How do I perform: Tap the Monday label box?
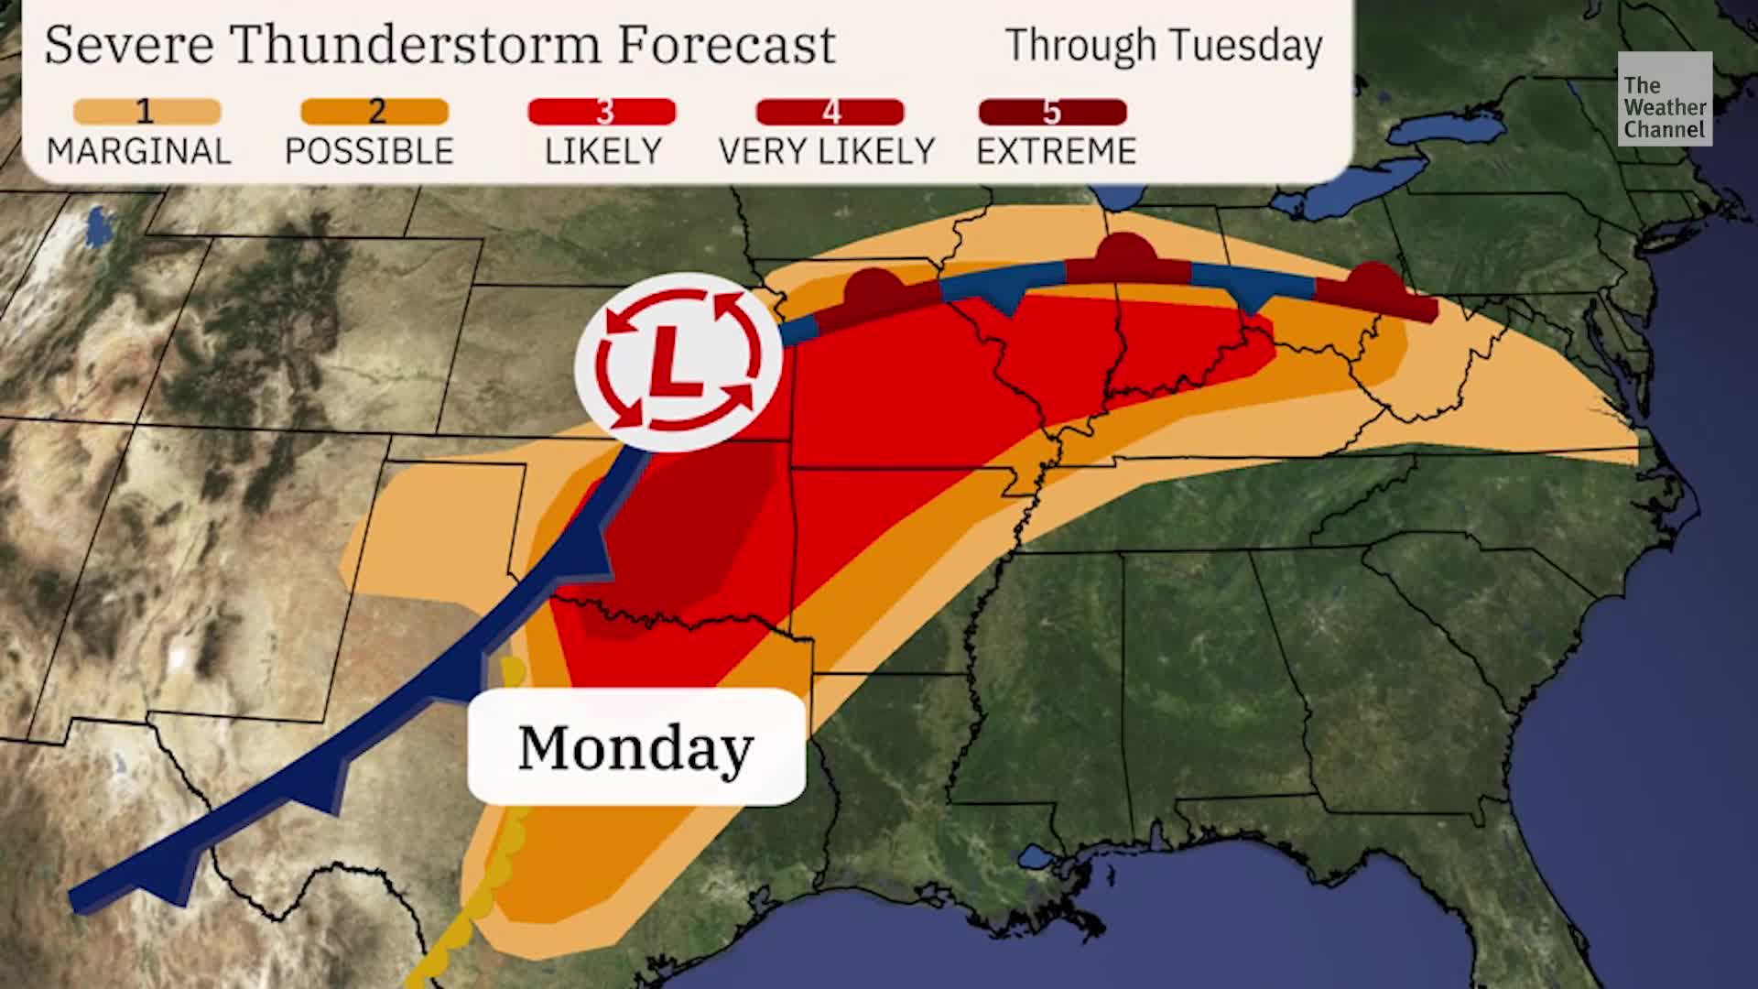point(636,747)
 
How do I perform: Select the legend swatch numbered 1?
point(146,112)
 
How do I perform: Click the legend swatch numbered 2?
point(374,112)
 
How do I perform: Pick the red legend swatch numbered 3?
point(602,112)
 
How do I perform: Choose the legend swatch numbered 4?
point(830,112)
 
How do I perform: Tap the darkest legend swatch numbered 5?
point(1052,112)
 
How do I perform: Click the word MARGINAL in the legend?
point(138,151)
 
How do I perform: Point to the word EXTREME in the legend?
point(1056,151)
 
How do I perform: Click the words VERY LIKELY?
point(826,151)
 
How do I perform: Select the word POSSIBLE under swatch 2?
point(369,151)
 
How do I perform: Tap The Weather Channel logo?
point(1664,99)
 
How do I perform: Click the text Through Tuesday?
point(1164,45)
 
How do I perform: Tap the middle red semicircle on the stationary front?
point(1128,254)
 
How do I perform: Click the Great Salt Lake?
point(97,226)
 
